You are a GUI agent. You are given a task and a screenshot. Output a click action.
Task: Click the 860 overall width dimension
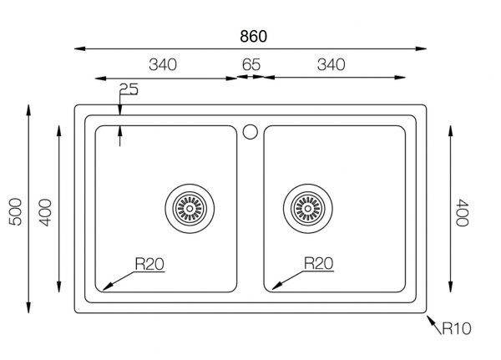coord(251,36)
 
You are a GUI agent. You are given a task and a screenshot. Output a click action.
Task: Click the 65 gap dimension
coord(250,65)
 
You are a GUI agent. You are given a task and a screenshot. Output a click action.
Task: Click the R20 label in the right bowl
coord(319,265)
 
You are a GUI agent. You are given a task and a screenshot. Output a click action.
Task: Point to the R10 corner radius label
coord(457,329)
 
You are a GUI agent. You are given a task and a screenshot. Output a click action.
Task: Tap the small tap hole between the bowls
coord(249,131)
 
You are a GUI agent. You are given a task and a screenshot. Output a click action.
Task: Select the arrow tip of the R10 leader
coord(428,315)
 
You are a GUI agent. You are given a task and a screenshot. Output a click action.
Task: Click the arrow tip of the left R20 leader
coord(104,288)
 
